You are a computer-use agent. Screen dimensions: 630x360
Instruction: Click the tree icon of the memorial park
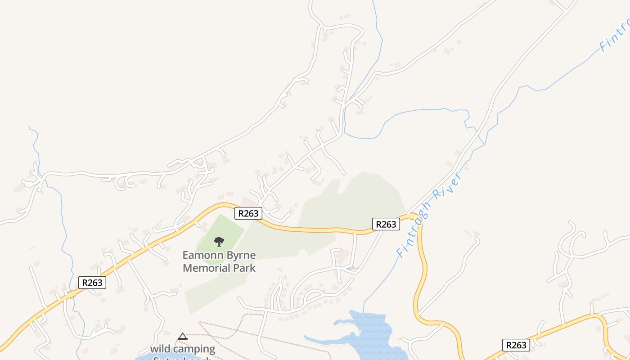[x=219, y=242]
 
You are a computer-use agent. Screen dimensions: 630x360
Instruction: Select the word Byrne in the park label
[x=241, y=255]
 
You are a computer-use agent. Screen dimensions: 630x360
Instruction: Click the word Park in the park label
[x=243, y=268]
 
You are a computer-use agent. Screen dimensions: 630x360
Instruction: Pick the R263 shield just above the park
[x=248, y=213]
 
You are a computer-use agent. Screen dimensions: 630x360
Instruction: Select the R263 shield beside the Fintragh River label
[x=386, y=224]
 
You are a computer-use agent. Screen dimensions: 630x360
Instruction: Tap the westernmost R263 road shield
[x=92, y=283]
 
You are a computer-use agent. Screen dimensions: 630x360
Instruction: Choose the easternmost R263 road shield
[x=516, y=345]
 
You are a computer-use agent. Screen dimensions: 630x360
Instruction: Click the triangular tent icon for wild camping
[x=182, y=336]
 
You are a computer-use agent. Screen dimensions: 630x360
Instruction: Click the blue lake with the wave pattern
[x=371, y=333]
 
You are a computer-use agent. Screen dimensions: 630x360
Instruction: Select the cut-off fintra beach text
[x=182, y=358]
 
